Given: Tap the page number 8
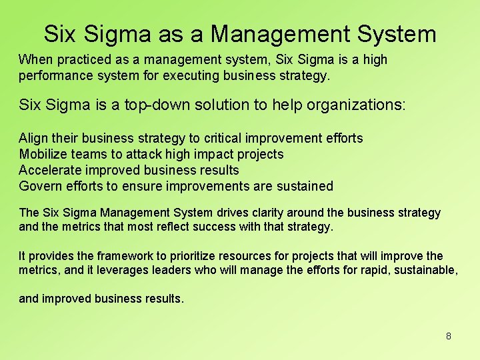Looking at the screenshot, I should coord(449,336).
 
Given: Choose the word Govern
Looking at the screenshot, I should coord(40,186).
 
